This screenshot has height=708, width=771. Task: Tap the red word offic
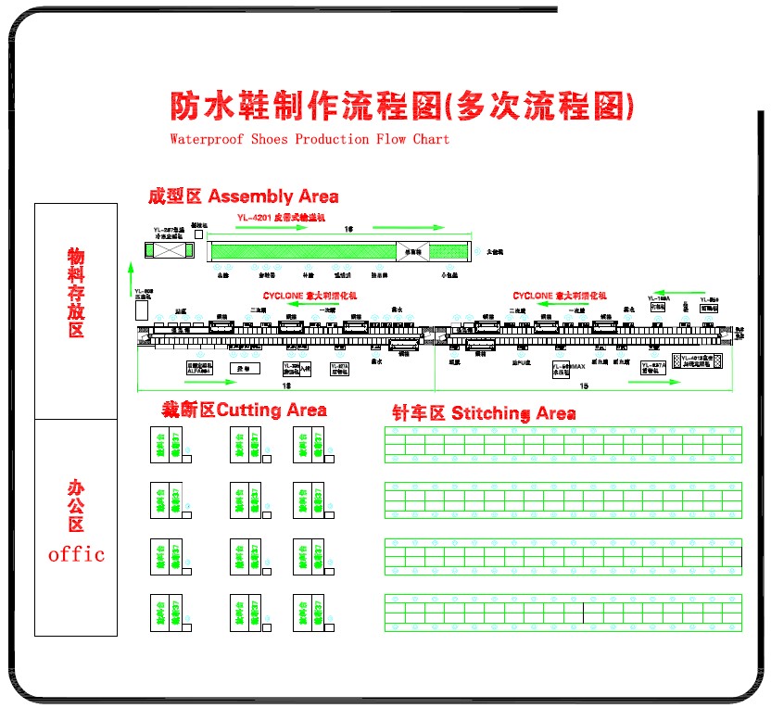click(x=76, y=554)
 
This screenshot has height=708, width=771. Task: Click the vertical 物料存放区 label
click(x=76, y=292)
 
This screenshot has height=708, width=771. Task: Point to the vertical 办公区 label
click(x=76, y=505)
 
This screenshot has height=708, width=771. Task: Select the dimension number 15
click(x=584, y=385)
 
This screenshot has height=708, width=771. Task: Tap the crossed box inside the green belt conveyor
click(x=411, y=250)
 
